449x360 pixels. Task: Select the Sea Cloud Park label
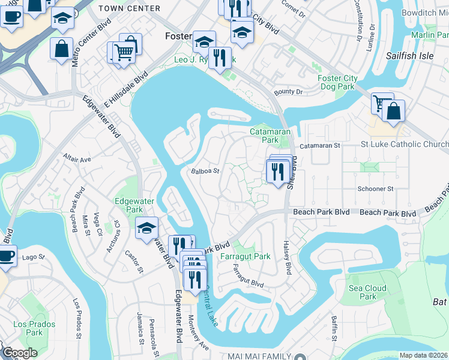point(367,292)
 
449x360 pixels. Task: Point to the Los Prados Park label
point(35,328)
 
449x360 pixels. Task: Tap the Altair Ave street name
point(76,160)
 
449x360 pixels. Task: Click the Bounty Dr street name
point(288,92)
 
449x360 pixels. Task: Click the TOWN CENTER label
point(129,8)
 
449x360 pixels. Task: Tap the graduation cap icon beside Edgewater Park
point(146,228)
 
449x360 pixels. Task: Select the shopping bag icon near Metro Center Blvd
point(62,49)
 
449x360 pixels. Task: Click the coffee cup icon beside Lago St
point(7,256)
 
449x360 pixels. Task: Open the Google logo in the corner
point(19,353)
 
